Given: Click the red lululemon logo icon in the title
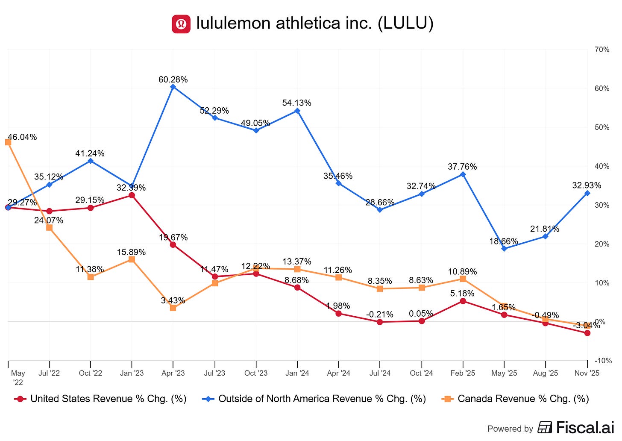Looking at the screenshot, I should point(181,24).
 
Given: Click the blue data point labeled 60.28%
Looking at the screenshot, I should point(173,87).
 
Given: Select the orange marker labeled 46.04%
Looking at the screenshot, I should point(8,142).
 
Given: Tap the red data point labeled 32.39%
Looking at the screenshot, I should point(132,195).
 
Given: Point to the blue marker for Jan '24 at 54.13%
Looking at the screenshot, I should point(297,111).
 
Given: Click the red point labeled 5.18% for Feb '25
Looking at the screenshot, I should point(463,301).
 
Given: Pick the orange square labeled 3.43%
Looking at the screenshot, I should point(173,308).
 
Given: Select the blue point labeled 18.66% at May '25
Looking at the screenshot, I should point(504,249).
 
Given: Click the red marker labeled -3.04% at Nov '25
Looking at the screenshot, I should point(587,333).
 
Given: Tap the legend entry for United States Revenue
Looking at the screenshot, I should point(101,399).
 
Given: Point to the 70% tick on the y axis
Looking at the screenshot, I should point(602,50).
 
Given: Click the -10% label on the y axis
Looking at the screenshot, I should point(603,361).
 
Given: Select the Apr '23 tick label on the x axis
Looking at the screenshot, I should point(173,373).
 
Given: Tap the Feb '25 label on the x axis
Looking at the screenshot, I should point(463,373).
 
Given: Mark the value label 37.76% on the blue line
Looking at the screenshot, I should point(462,167).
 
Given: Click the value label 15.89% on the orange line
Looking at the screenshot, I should point(131,252).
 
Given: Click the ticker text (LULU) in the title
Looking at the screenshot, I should point(405,24).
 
